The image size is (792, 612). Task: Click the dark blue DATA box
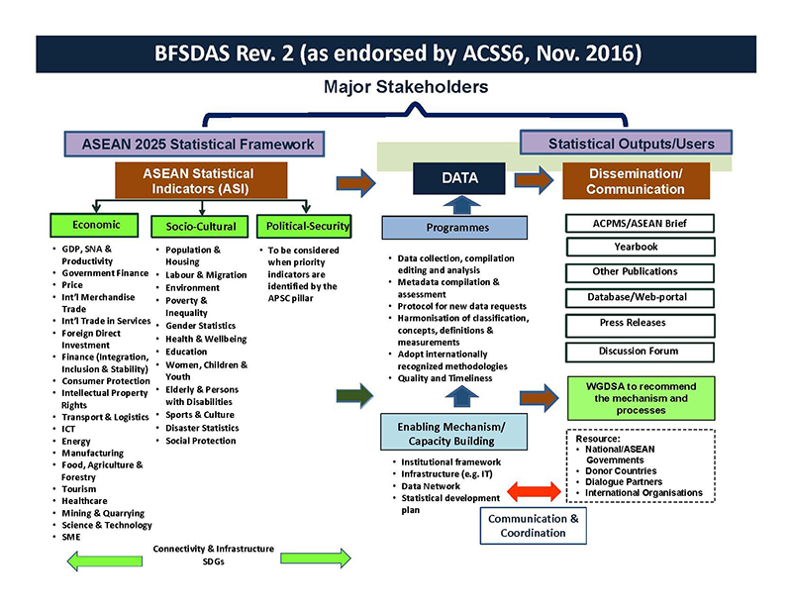(459, 179)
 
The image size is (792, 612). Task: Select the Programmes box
(457, 228)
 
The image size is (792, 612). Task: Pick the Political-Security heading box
(303, 227)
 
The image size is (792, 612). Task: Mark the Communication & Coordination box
(533, 525)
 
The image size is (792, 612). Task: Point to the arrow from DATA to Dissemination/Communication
(532, 180)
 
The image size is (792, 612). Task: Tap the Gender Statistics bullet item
(201, 326)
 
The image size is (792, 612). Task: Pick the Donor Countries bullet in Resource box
(625, 469)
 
